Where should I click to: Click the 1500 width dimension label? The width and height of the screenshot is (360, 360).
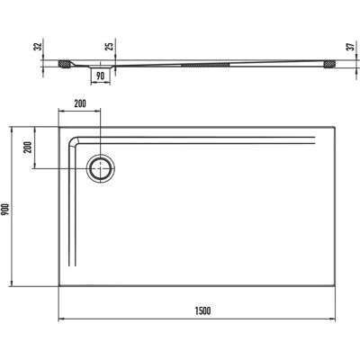click(x=202, y=310)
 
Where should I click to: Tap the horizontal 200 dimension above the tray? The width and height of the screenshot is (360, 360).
click(x=80, y=103)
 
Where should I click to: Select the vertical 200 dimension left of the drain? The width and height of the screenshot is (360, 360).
click(x=28, y=147)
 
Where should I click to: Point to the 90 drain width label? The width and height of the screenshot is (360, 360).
click(x=101, y=76)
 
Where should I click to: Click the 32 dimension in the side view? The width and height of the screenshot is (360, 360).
click(x=38, y=46)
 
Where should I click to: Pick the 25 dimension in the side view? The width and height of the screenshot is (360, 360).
click(x=110, y=46)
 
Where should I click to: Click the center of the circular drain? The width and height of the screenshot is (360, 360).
click(x=101, y=168)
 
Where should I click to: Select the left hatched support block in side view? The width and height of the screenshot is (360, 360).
click(x=64, y=64)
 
